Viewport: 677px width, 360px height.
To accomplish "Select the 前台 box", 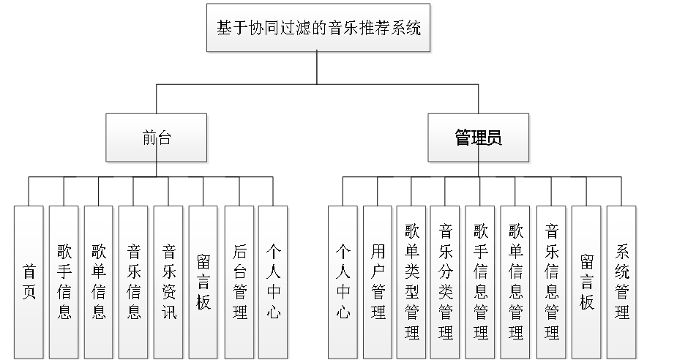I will pos(157,138).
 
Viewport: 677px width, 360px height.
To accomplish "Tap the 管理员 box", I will pos(479,138).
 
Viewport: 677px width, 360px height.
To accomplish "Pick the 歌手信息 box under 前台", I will pos(64,282).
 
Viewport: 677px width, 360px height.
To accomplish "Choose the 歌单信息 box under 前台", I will pos(99,282).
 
